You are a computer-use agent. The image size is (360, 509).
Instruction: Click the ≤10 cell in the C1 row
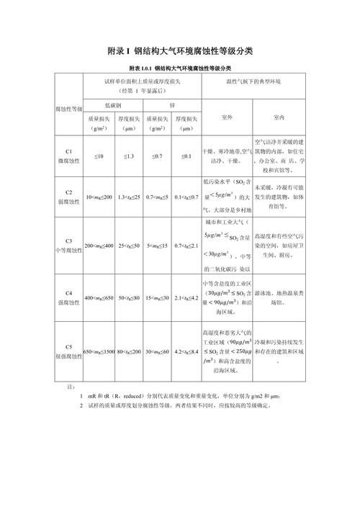coord(99,156)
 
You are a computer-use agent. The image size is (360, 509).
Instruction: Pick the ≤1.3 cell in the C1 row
coord(129,156)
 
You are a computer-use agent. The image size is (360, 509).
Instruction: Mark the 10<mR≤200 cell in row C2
coord(99,197)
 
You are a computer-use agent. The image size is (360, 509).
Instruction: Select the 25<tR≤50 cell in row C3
coord(129,246)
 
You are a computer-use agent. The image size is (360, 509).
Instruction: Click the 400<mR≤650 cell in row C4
coord(99,297)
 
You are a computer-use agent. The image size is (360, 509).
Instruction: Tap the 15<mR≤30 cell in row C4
coord(157,297)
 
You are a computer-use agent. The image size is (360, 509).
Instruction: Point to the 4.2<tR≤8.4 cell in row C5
coord(186,351)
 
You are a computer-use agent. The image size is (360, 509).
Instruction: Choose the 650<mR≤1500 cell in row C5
coord(99,351)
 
